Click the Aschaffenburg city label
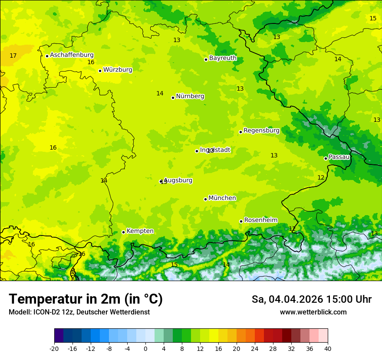point(72,55)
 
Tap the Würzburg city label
point(118,70)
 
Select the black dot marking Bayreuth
point(206,59)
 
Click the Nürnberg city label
point(190,96)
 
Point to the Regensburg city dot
point(240,132)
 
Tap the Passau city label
point(339,157)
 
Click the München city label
point(222,198)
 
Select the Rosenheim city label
point(260,220)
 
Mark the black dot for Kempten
point(123,232)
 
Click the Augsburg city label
point(178,180)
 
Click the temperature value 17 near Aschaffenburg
point(13,56)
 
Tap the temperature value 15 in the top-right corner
point(373,18)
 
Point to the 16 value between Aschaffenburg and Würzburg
point(91,62)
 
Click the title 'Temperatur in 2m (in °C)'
point(86,299)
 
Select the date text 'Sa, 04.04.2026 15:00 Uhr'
point(311,299)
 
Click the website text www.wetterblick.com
point(313,312)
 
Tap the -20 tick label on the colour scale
point(54,348)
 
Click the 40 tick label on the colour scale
point(328,348)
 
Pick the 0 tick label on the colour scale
point(145,348)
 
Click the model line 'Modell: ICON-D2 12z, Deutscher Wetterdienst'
point(79,312)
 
